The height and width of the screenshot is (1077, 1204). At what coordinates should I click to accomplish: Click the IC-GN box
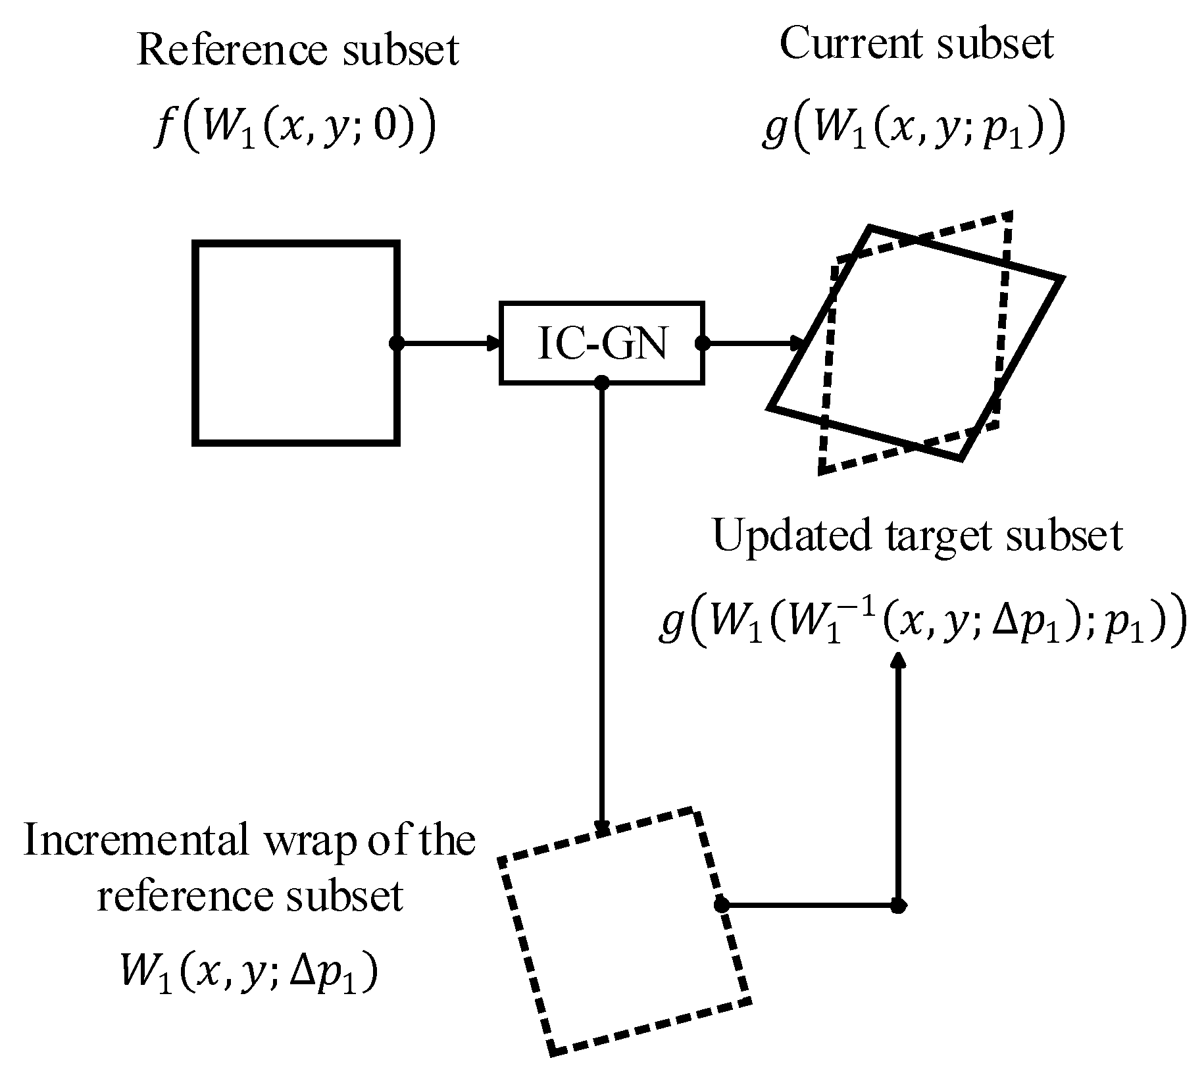click(x=601, y=342)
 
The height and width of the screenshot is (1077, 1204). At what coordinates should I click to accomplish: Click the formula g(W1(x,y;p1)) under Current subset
click(x=914, y=127)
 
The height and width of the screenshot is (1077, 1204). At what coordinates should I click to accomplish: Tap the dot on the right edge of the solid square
click(x=396, y=343)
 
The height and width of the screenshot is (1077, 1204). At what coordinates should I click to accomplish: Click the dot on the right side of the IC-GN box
click(x=702, y=343)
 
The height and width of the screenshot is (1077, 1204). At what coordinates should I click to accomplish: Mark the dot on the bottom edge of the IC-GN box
click(x=601, y=382)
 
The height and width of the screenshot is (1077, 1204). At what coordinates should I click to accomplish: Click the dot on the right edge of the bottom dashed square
click(x=722, y=906)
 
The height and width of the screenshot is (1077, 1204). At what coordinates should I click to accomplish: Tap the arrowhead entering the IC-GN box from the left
click(x=493, y=343)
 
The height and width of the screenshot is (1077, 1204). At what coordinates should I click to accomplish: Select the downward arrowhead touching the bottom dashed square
click(x=601, y=828)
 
